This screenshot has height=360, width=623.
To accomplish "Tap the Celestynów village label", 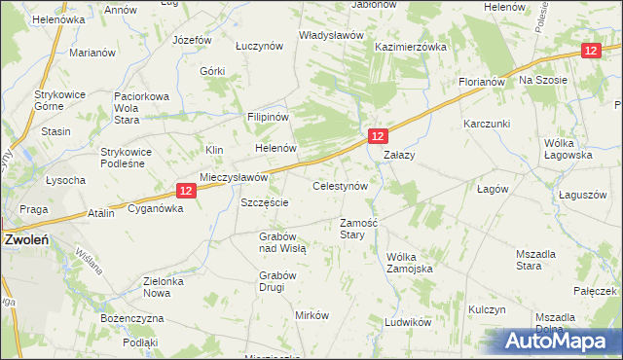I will pyautogui.click(x=339, y=186).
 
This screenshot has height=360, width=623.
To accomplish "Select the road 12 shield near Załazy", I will pyautogui.click(x=378, y=136).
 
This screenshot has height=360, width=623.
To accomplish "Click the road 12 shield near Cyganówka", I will pyautogui.click(x=188, y=193).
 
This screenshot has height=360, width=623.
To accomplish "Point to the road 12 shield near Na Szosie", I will pyautogui.click(x=589, y=51).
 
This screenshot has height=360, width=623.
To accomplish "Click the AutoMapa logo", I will pyautogui.click(x=561, y=342).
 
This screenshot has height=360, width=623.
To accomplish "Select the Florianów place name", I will pyautogui.click(x=482, y=83).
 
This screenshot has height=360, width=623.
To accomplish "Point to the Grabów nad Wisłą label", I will pyautogui.click(x=282, y=242).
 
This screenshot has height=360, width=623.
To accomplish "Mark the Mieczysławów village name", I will pyautogui.click(x=234, y=178).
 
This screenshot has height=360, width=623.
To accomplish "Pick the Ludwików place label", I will pyautogui.click(x=408, y=322).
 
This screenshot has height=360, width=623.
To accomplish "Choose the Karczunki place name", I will pyautogui.click(x=488, y=124).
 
